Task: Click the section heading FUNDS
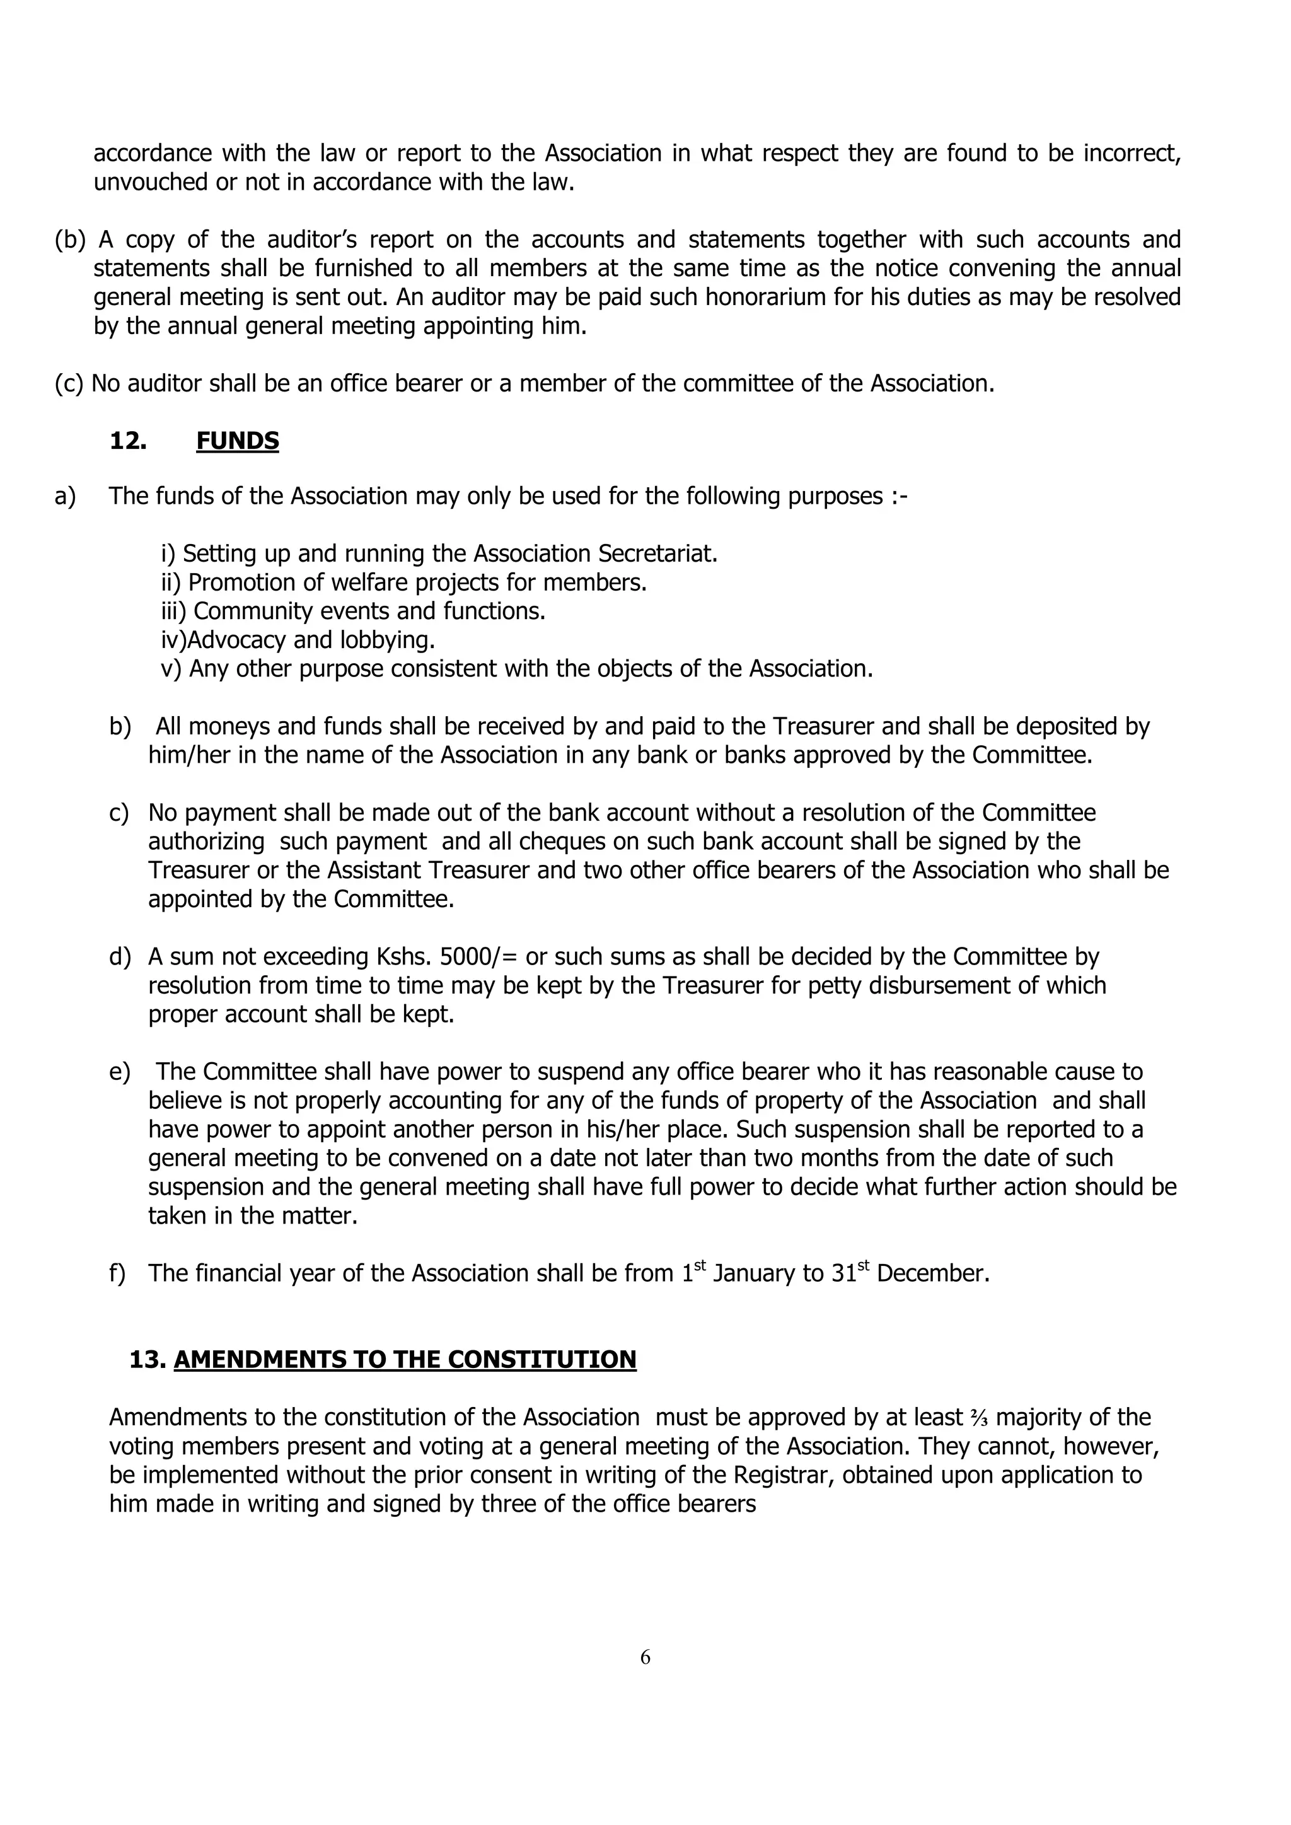(237, 441)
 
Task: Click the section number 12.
(128, 441)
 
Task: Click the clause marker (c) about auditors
(69, 383)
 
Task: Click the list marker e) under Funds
(119, 1072)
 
